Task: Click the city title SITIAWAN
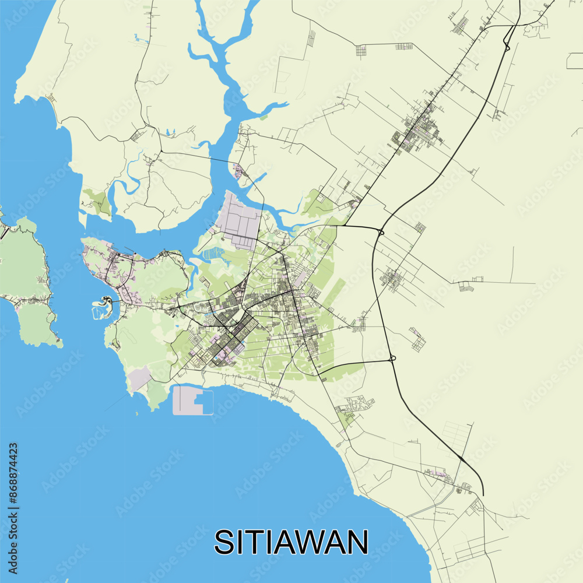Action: pos(291,542)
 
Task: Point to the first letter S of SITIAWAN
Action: pos(224,542)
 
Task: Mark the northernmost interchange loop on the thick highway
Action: pos(507,44)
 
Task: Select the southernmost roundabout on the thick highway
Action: pos(392,358)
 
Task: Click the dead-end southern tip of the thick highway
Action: pos(483,494)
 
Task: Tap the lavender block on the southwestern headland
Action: pos(140,379)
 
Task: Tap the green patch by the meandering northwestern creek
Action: pos(97,201)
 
